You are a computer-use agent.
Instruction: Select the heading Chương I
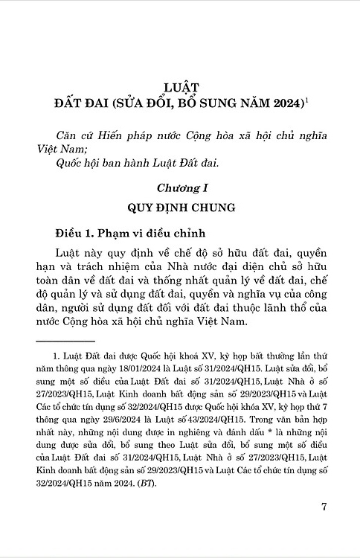(x=180, y=190)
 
